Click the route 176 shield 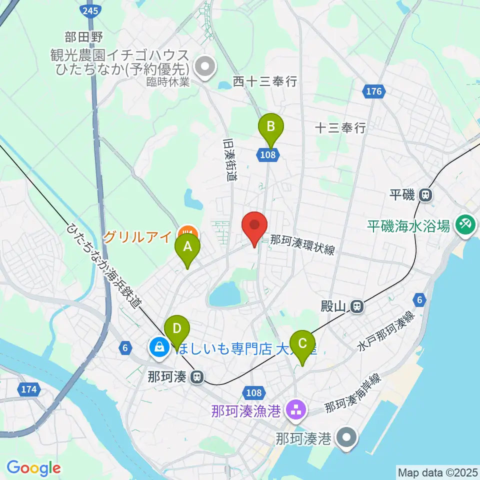(373, 91)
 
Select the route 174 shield (29, 389)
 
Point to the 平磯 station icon (425, 194)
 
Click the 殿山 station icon (356, 305)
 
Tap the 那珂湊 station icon (198, 376)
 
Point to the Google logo (33, 468)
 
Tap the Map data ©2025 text (437, 471)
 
